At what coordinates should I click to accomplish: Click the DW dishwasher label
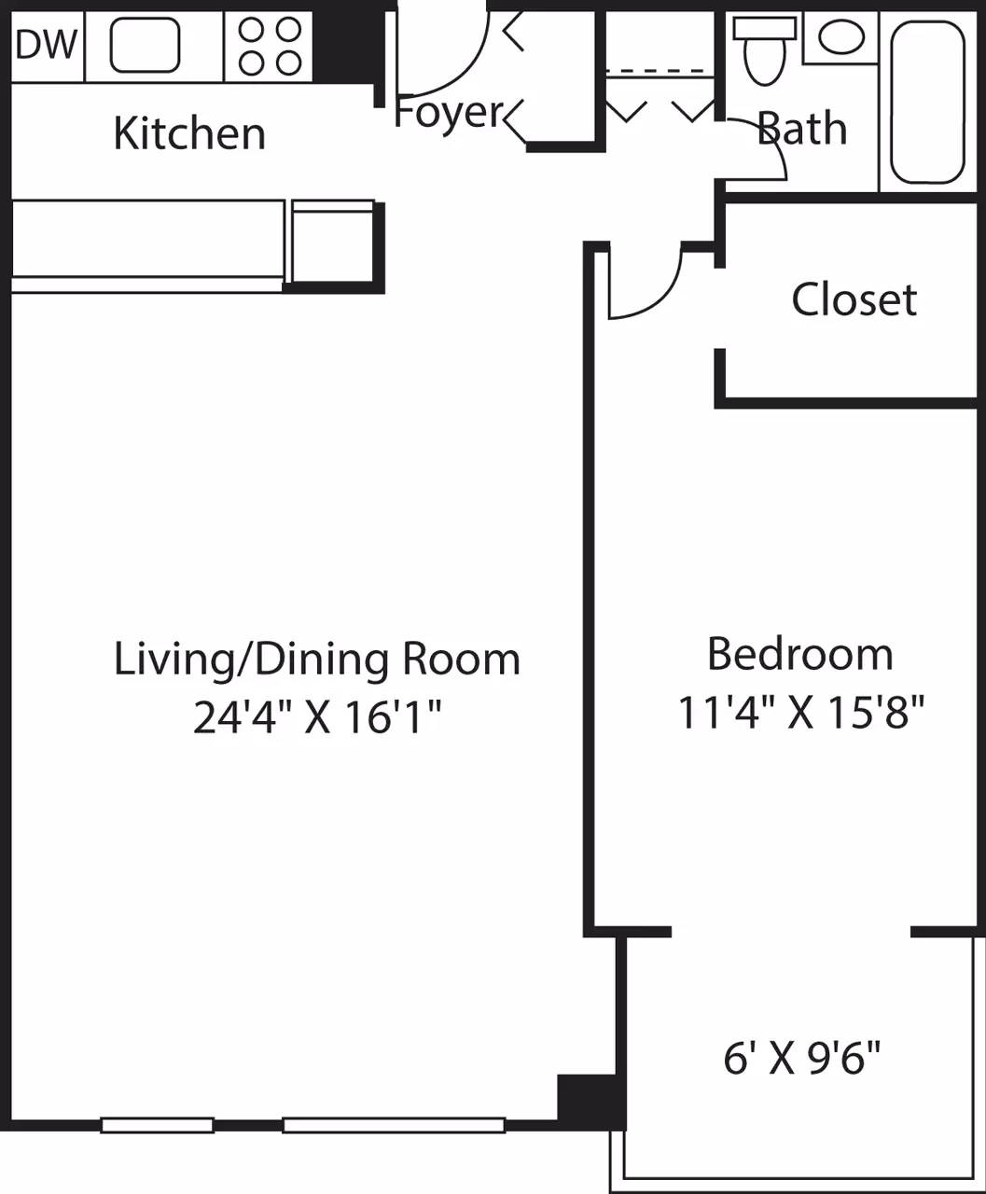pos(46,44)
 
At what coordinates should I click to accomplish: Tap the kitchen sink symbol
pos(146,46)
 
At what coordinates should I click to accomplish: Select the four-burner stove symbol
pos(270,46)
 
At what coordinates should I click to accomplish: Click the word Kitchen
pos(189,133)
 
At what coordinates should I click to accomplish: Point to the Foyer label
pos(449,113)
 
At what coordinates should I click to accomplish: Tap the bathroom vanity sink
pos(840,37)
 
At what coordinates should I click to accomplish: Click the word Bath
pos(802,129)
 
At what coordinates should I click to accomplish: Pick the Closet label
pos(854,299)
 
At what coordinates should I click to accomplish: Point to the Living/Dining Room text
pos(316,659)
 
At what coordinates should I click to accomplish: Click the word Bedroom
pos(799,654)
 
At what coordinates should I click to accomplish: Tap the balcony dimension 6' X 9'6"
pos(802,1058)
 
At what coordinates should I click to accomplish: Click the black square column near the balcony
pos(585,1098)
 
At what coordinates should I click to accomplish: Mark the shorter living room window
pos(157,1125)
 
